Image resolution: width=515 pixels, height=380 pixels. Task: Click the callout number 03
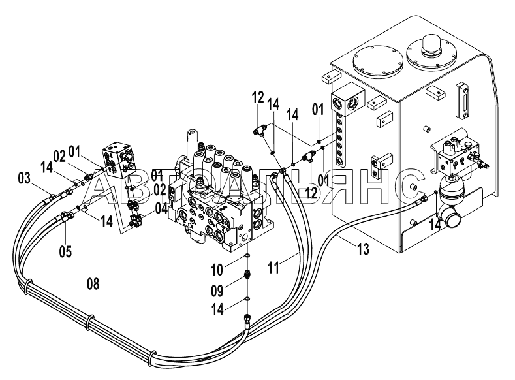(x=24, y=179)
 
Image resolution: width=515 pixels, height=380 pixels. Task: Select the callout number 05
(x=65, y=252)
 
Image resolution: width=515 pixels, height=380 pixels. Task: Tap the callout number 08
(x=93, y=284)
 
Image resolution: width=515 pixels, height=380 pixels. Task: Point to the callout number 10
(x=217, y=270)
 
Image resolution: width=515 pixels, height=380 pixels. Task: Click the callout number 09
(x=217, y=291)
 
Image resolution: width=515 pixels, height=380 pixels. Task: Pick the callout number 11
(x=273, y=268)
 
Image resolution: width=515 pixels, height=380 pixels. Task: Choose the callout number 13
(x=363, y=249)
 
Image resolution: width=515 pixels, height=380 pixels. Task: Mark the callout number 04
(x=161, y=208)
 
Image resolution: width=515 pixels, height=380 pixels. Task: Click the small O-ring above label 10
(x=247, y=255)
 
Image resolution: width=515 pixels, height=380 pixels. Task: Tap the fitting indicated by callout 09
(x=247, y=274)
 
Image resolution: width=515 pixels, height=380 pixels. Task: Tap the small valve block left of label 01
(x=119, y=159)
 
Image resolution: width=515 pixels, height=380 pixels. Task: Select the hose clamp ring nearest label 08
(x=89, y=323)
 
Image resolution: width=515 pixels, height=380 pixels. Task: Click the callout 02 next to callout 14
(x=59, y=157)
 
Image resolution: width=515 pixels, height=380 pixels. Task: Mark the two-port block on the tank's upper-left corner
(x=347, y=101)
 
